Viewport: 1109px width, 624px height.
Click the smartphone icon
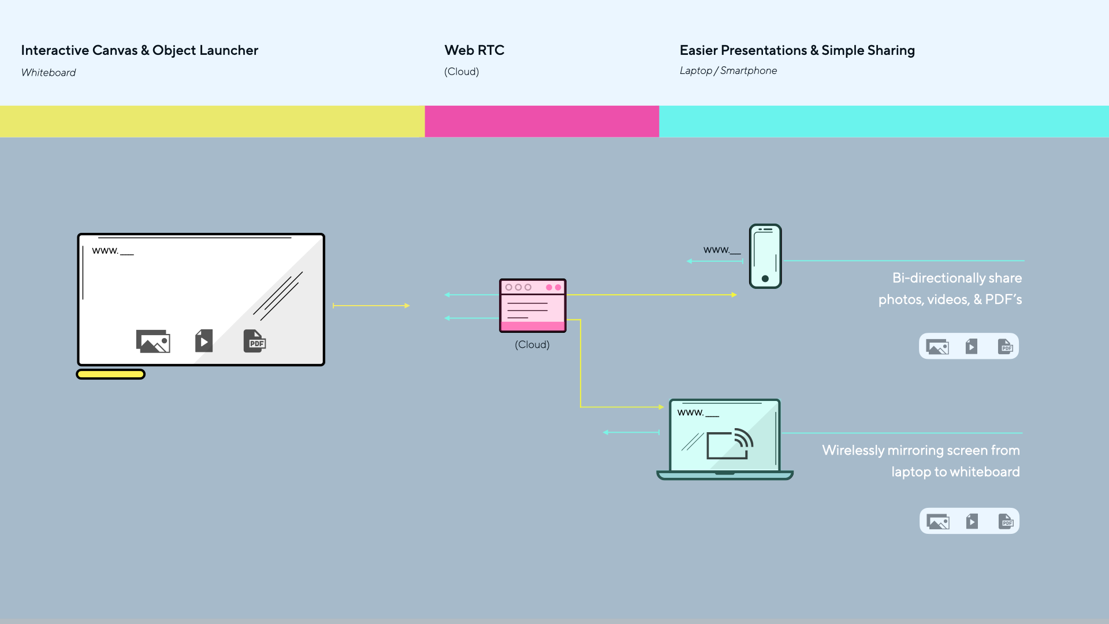tap(765, 256)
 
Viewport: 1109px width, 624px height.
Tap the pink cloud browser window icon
tap(533, 306)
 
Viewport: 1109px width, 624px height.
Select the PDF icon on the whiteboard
tap(255, 341)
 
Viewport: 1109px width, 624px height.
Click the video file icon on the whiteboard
tap(204, 341)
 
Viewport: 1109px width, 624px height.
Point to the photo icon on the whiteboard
tap(153, 341)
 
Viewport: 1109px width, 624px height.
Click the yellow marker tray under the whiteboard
tap(111, 374)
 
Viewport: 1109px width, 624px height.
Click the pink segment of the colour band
tap(542, 121)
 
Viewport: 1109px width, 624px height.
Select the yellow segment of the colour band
tap(213, 121)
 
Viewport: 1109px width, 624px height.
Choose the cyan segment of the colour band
tap(884, 121)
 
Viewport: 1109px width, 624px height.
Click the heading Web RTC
tap(474, 50)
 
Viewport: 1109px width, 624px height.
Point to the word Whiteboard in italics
tap(49, 72)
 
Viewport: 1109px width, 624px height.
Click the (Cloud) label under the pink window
tap(532, 344)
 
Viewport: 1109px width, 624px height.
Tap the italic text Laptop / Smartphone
tap(728, 70)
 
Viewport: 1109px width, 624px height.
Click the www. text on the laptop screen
tap(691, 413)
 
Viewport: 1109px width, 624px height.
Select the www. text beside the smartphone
tap(716, 250)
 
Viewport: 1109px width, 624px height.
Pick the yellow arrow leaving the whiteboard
tap(371, 306)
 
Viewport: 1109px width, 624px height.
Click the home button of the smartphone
tap(765, 278)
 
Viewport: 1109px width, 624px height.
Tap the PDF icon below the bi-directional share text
tap(1006, 347)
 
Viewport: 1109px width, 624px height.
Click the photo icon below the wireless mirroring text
tap(938, 522)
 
